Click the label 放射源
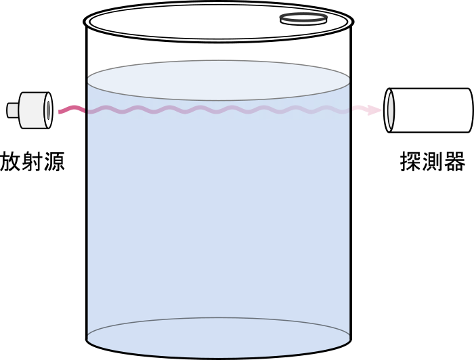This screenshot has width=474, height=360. (x=33, y=162)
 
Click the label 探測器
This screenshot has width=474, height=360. (x=433, y=162)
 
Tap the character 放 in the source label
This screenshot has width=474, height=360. (x=10, y=162)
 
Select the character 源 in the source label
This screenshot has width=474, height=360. (x=54, y=162)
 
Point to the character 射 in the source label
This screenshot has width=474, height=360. (x=33, y=162)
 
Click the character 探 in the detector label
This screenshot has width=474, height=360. (x=410, y=162)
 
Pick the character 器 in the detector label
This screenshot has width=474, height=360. (x=455, y=162)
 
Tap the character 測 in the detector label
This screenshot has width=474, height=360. (x=433, y=162)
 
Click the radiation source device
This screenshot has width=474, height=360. (x=30, y=110)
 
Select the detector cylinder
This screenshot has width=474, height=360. (x=429, y=110)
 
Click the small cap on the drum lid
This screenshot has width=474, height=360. (x=303, y=19)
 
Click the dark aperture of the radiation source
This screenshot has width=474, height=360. (x=48, y=110)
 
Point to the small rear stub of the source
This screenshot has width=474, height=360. (x=13, y=110)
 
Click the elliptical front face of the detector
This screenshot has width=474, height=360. (x=389, y=110)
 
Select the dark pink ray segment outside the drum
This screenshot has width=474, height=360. (x=72, y=109)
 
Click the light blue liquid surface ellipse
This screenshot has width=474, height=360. (x=218, y=80)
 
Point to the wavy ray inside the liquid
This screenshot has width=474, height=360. (x=218, y=110)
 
